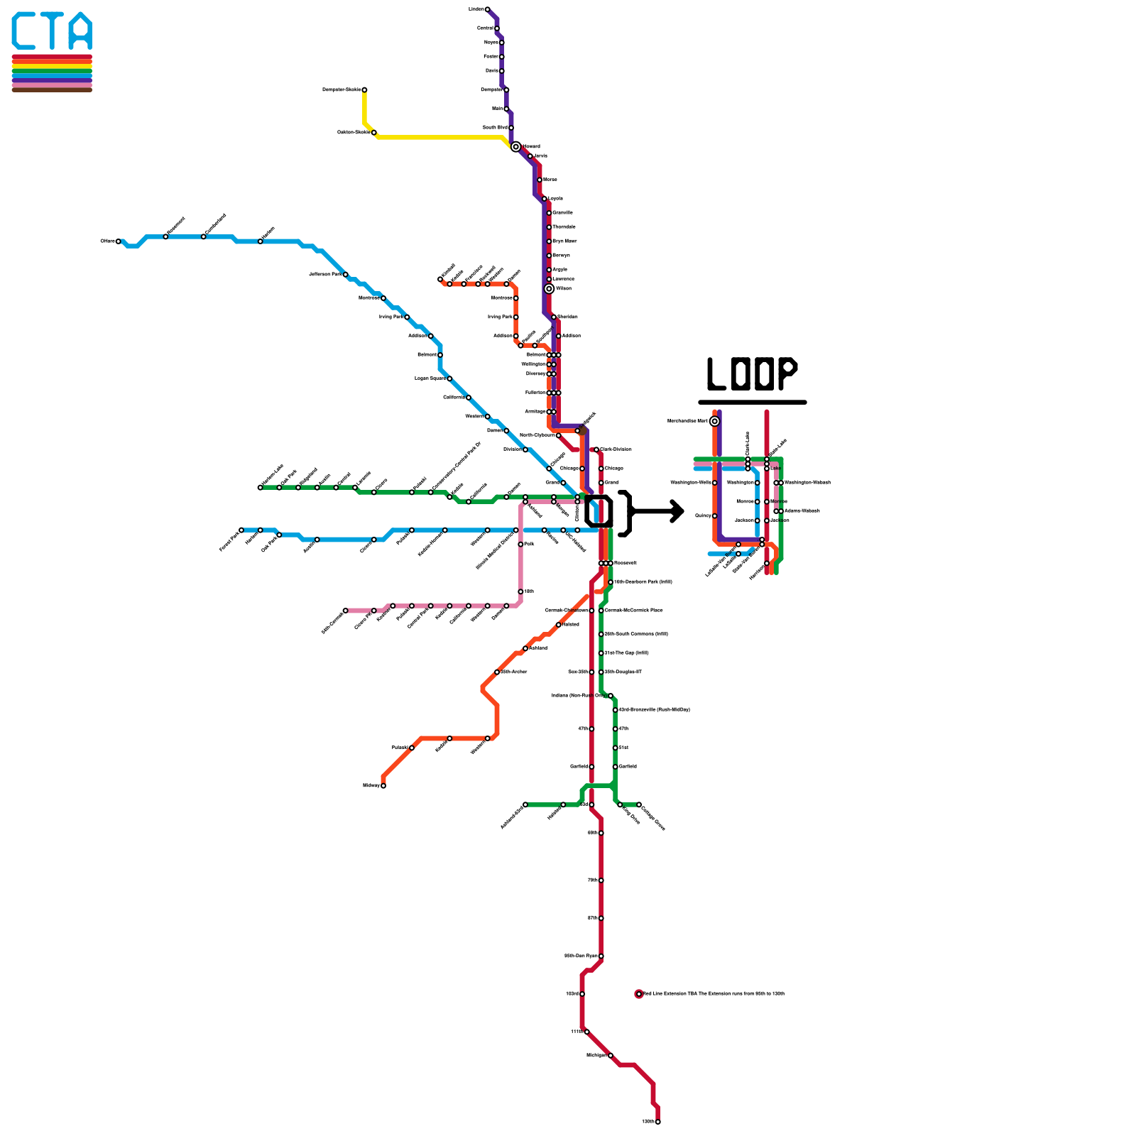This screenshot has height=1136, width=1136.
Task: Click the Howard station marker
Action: coord(515,146)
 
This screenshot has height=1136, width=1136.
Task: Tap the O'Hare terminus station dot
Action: coord(119,241)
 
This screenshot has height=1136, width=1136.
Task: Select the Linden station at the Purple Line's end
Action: coord(487,9)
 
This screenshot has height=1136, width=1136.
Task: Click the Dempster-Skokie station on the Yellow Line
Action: coord(364,90)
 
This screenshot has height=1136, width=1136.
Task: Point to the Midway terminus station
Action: coord(383,785)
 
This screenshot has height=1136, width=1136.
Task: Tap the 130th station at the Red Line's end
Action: coord(658,1122)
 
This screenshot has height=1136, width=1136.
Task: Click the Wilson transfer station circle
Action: coord(549,289)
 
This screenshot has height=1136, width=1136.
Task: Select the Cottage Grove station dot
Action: coord(639,804)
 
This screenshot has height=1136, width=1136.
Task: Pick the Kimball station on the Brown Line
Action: coord(440,279)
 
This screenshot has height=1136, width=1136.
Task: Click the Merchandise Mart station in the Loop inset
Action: coord(714,421)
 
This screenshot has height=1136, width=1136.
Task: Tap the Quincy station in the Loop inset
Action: coord(714,515)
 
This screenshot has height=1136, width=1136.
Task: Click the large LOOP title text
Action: coord(752,373)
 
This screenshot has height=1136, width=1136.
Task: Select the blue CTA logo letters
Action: coord(52,31)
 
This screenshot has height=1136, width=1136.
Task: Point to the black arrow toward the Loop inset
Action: coord(657,511)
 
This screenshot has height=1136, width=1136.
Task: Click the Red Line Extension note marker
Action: coord(639,994)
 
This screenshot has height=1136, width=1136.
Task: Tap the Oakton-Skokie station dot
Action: coord(374,133)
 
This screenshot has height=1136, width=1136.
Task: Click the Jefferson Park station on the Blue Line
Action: coord(346,274)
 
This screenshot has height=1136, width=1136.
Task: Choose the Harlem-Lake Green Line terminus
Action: coord(260,488)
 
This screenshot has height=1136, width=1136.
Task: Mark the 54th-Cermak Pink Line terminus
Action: coord(346,611)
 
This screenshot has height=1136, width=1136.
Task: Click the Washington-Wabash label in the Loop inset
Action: coord(807,483)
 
